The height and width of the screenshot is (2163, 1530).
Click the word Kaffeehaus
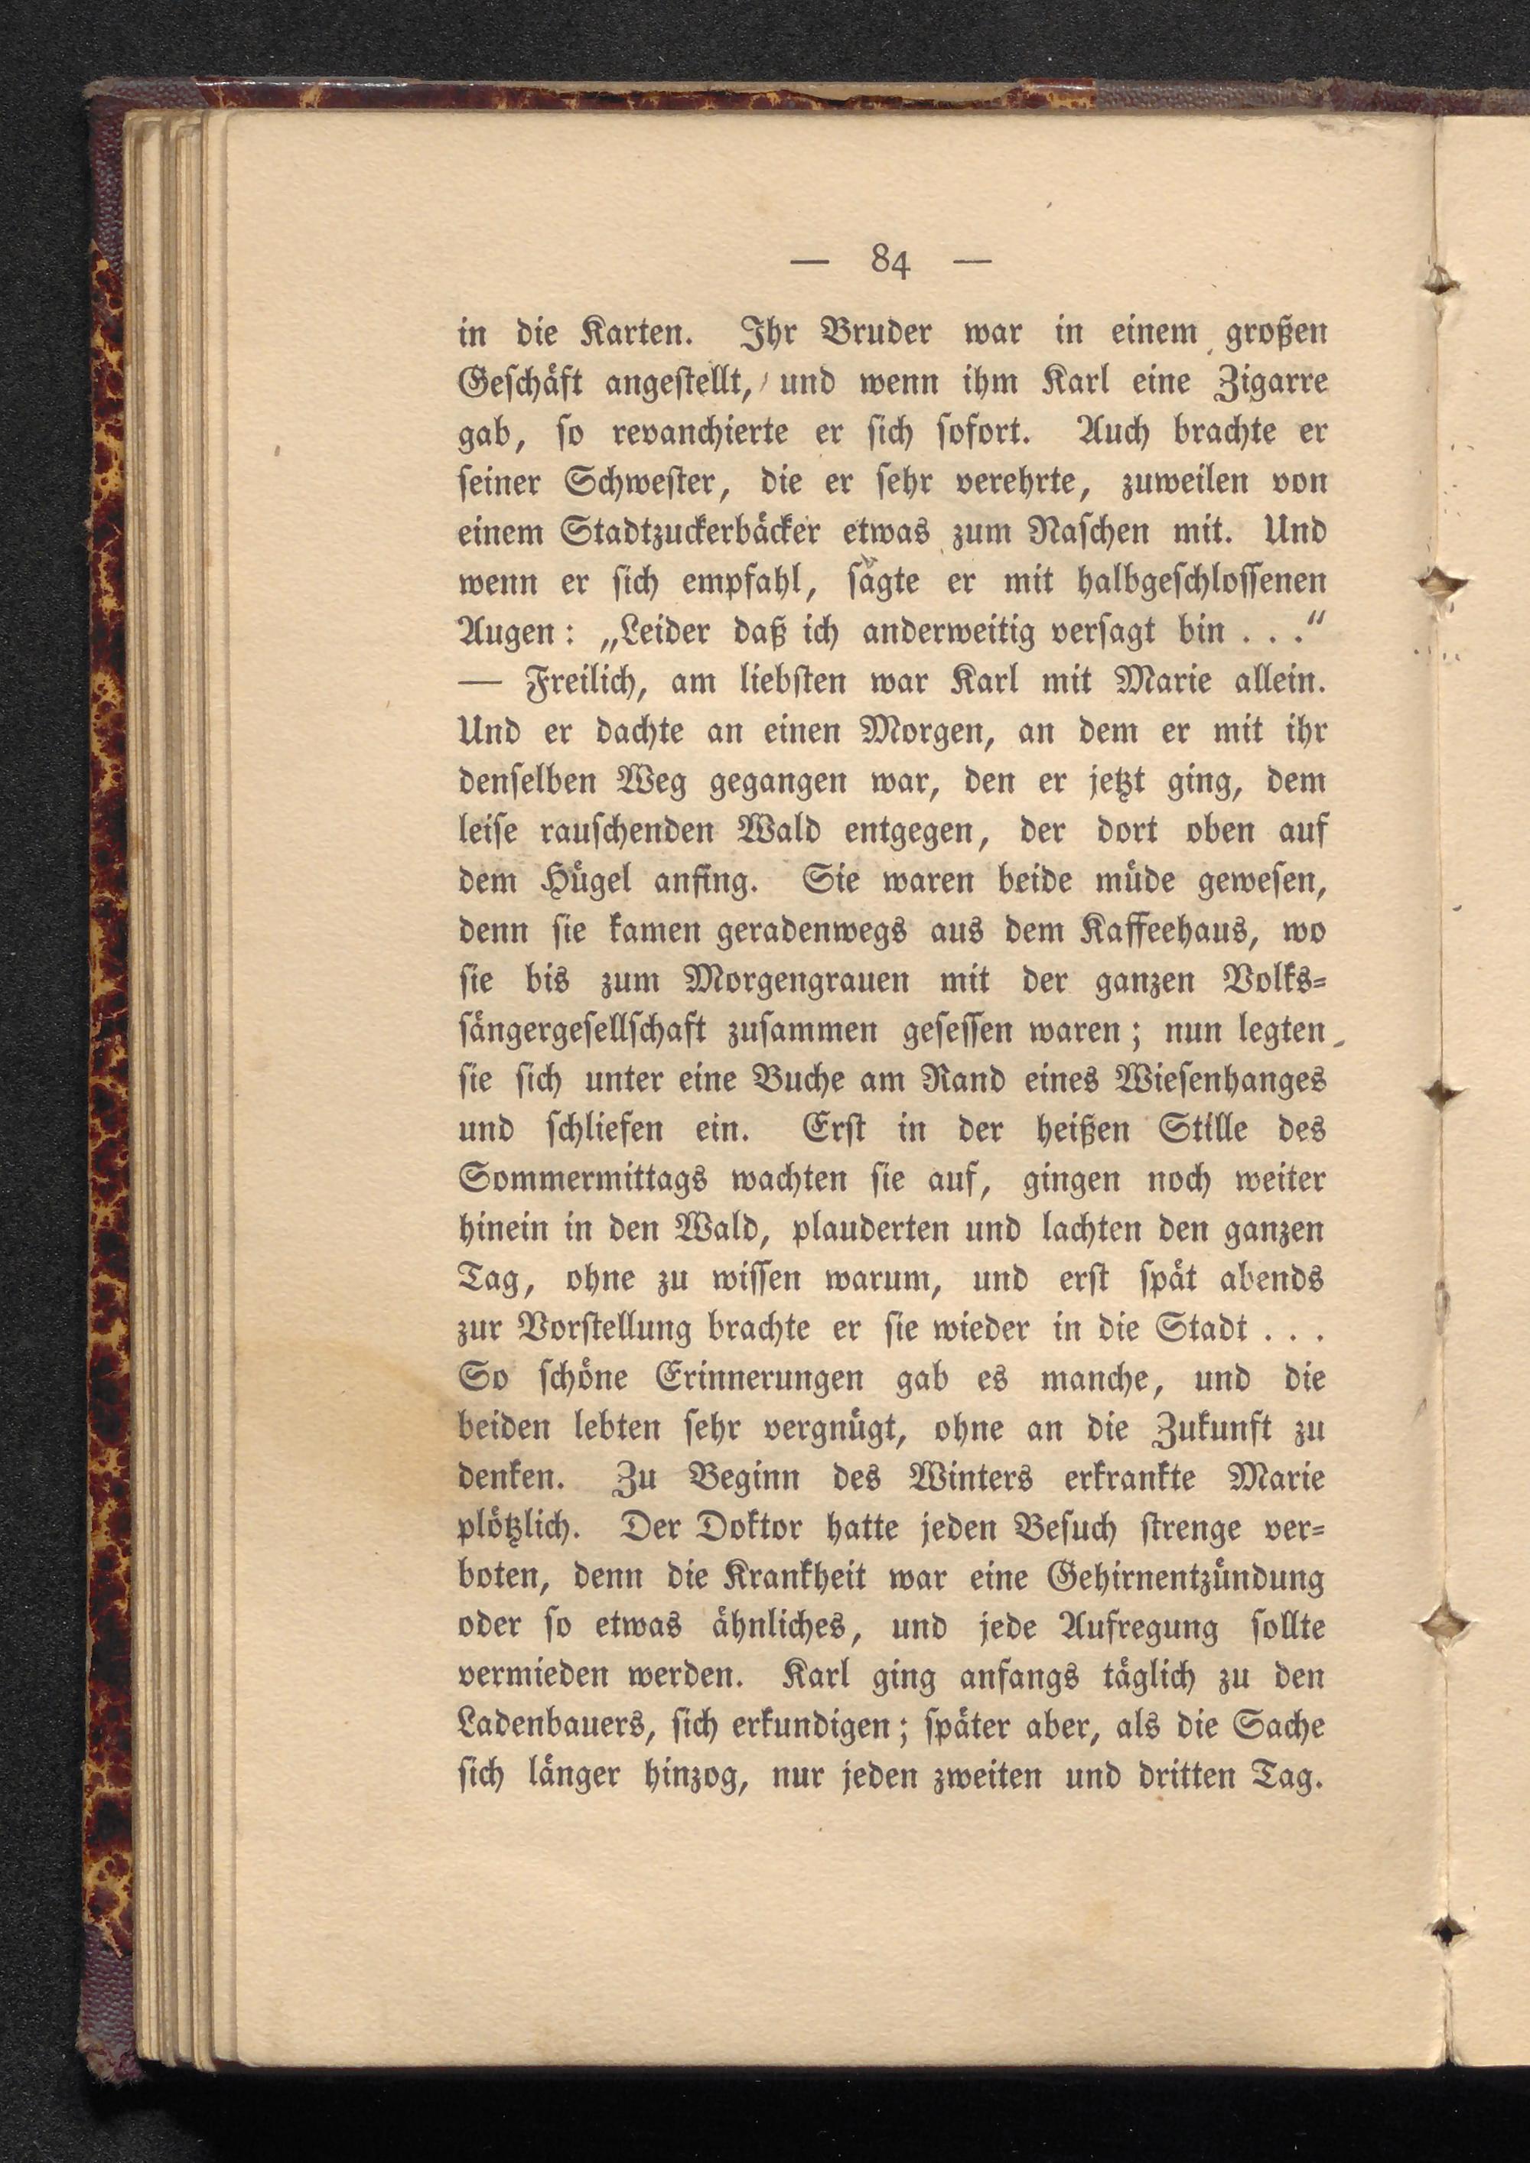[x=1164, y=931]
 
